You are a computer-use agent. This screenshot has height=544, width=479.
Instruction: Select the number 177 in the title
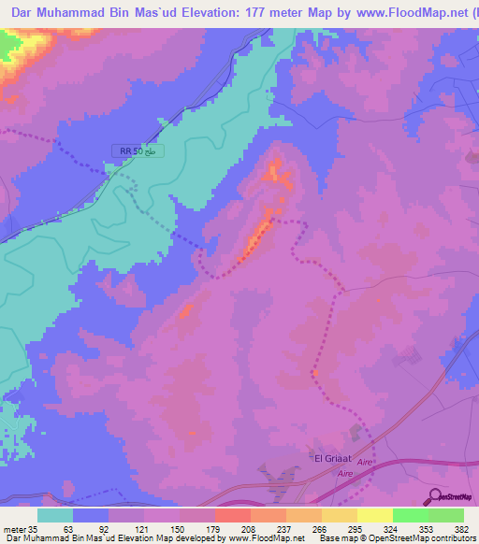265,13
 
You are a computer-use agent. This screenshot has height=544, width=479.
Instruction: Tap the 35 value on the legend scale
33,529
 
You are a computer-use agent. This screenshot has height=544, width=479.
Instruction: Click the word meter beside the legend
13,529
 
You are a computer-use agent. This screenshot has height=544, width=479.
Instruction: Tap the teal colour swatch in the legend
55,515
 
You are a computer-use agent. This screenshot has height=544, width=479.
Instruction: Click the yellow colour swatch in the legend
375,515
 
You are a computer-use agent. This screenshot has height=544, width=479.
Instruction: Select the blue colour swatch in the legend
91,515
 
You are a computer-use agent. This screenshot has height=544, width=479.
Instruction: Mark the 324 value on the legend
374,529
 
